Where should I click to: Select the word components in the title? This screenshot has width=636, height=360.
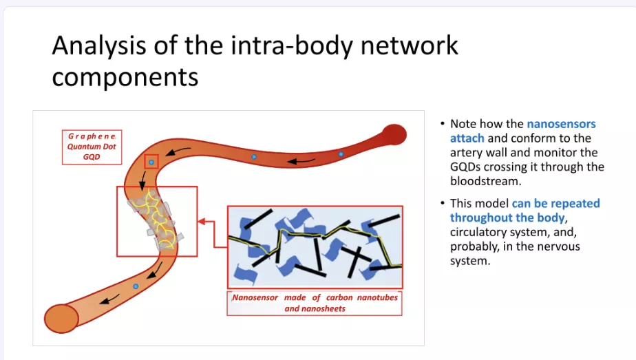[125, 76]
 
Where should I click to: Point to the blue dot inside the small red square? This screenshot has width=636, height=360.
[151, 162]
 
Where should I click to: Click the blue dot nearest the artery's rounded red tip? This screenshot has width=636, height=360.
[341, 154]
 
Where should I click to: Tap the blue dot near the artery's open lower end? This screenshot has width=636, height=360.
[136, 286]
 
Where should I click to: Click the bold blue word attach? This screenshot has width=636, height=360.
[467, 138]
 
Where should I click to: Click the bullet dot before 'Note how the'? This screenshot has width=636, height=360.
[442, 125]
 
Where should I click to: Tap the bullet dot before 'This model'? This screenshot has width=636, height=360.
[442, 204]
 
